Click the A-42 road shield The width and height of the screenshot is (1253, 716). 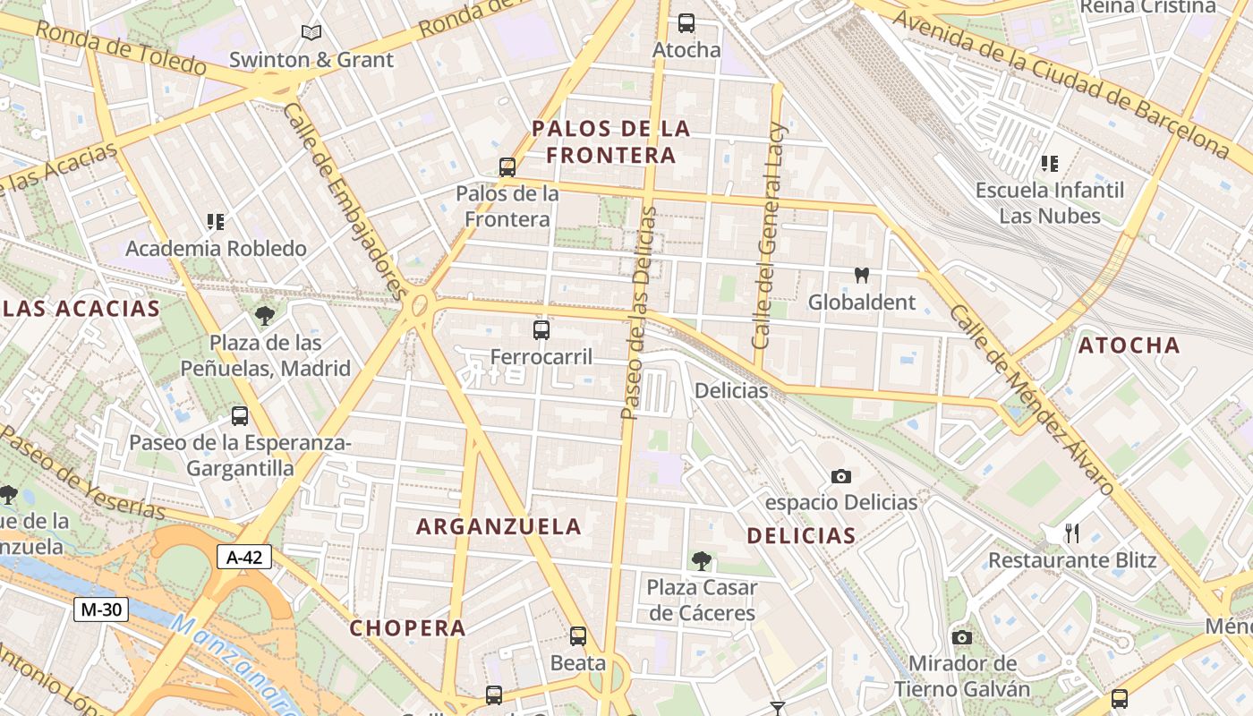point(244,558)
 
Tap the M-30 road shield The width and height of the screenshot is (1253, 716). point(101,609)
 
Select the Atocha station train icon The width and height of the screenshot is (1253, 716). point(686,23)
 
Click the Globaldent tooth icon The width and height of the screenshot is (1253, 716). point(862,276)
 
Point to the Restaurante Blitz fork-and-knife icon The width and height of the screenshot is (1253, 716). point(1071,533)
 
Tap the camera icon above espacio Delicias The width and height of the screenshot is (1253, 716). point(840,476)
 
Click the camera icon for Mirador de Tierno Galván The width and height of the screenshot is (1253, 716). point(962,637)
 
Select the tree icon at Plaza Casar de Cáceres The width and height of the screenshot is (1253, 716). point(702,561)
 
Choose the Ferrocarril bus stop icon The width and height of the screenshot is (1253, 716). point(541,330)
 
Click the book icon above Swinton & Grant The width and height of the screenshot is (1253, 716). point(311,33)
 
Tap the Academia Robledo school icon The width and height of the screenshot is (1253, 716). point(216,221)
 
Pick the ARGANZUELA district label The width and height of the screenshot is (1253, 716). point(499,526)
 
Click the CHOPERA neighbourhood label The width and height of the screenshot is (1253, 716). point(407,628)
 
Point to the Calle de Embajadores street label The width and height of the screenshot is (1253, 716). point(345,200)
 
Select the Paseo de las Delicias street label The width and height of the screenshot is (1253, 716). point(638,313)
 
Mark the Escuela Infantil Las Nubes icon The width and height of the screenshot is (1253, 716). point(1050,164)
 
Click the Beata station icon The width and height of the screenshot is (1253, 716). point(578,636)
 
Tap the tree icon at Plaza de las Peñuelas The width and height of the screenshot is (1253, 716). point(264,315)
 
